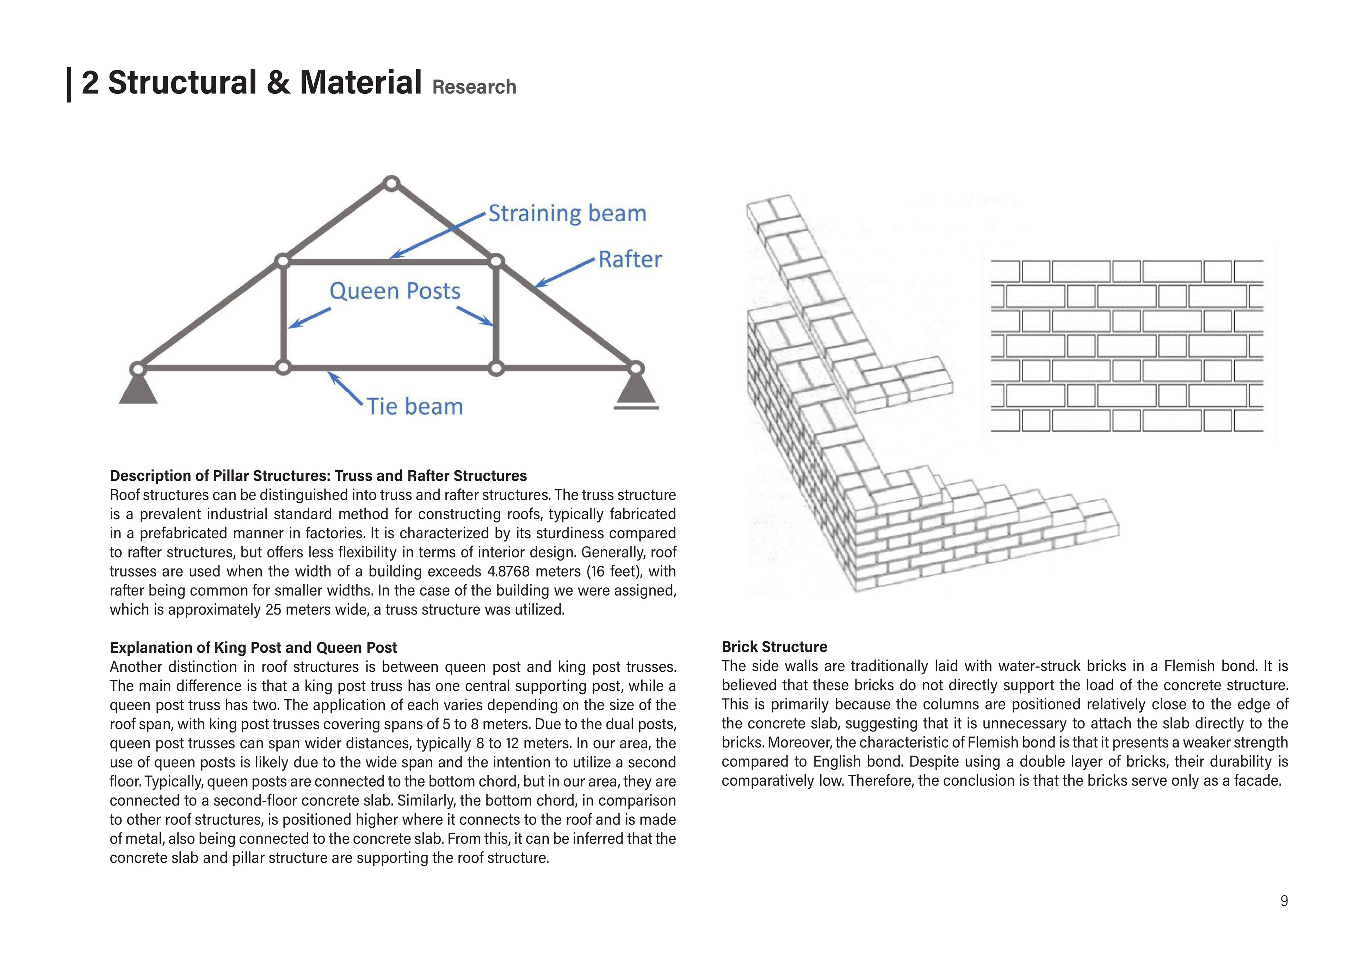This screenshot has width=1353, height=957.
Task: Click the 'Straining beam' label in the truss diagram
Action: pos(567,214)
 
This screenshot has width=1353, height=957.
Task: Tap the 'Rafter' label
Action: pos(630,259)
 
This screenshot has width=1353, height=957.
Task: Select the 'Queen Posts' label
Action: pos(395,291)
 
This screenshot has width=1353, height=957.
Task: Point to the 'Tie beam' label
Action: pos(415,407)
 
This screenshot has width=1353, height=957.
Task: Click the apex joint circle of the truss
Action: pos(391,183)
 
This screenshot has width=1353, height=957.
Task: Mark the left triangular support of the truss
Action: pos(138,390)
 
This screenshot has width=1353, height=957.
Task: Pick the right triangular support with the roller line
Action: pos(636,390)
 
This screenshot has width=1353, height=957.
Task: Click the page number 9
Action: pos(1284,901)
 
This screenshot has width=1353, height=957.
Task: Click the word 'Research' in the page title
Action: pos(474,87)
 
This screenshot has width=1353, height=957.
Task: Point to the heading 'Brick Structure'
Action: pos(774,647)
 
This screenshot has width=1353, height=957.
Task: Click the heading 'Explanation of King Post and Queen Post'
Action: pos(253,648)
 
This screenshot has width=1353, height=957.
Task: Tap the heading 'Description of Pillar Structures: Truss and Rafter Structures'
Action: pos(318,476)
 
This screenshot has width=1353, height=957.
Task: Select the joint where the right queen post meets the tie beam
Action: pos(496,369)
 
